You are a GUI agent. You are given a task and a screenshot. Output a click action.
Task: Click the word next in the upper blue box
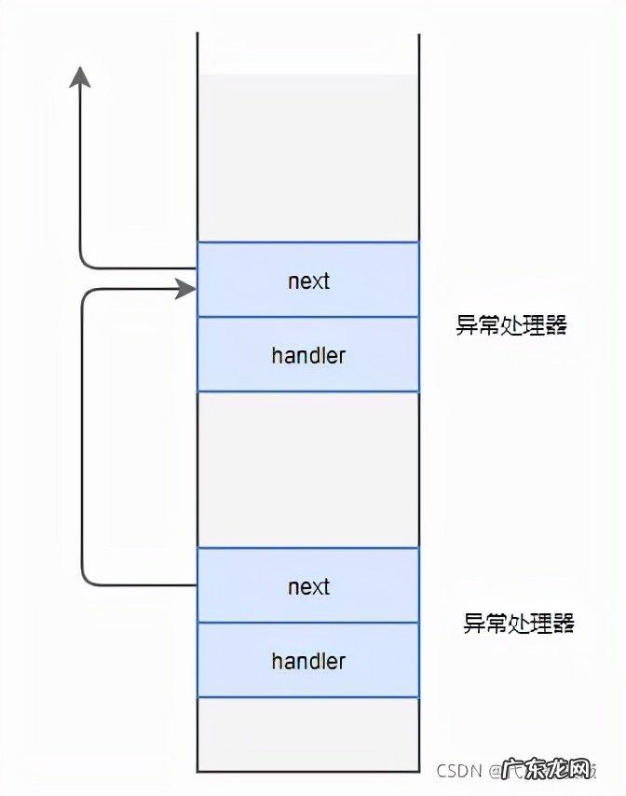point(308,281)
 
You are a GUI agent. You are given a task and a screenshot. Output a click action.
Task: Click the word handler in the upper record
point(308,355)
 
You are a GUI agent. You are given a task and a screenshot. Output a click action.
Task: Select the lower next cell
point(308,586)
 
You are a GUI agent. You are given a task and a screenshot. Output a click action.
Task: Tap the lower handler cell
point(308,661)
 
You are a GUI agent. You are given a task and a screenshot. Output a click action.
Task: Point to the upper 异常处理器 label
point(511,325)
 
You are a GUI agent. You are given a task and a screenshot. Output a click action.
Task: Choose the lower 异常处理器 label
point(519,624)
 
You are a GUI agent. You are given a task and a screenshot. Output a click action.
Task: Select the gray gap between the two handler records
point(308,470)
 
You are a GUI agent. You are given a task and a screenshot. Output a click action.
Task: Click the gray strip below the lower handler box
point(308,733)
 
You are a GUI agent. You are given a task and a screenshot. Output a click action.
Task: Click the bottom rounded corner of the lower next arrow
point(88,580)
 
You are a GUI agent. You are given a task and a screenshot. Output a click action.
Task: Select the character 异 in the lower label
point(473,624)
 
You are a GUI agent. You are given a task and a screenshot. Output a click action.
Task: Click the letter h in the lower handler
point(277,661)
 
